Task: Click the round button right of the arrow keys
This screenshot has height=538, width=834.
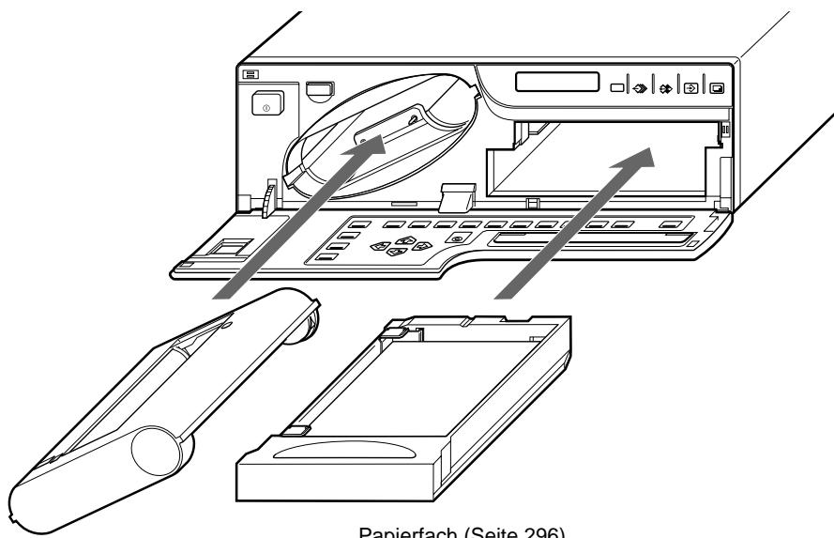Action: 456,238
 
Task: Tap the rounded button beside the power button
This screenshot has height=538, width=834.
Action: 319,89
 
